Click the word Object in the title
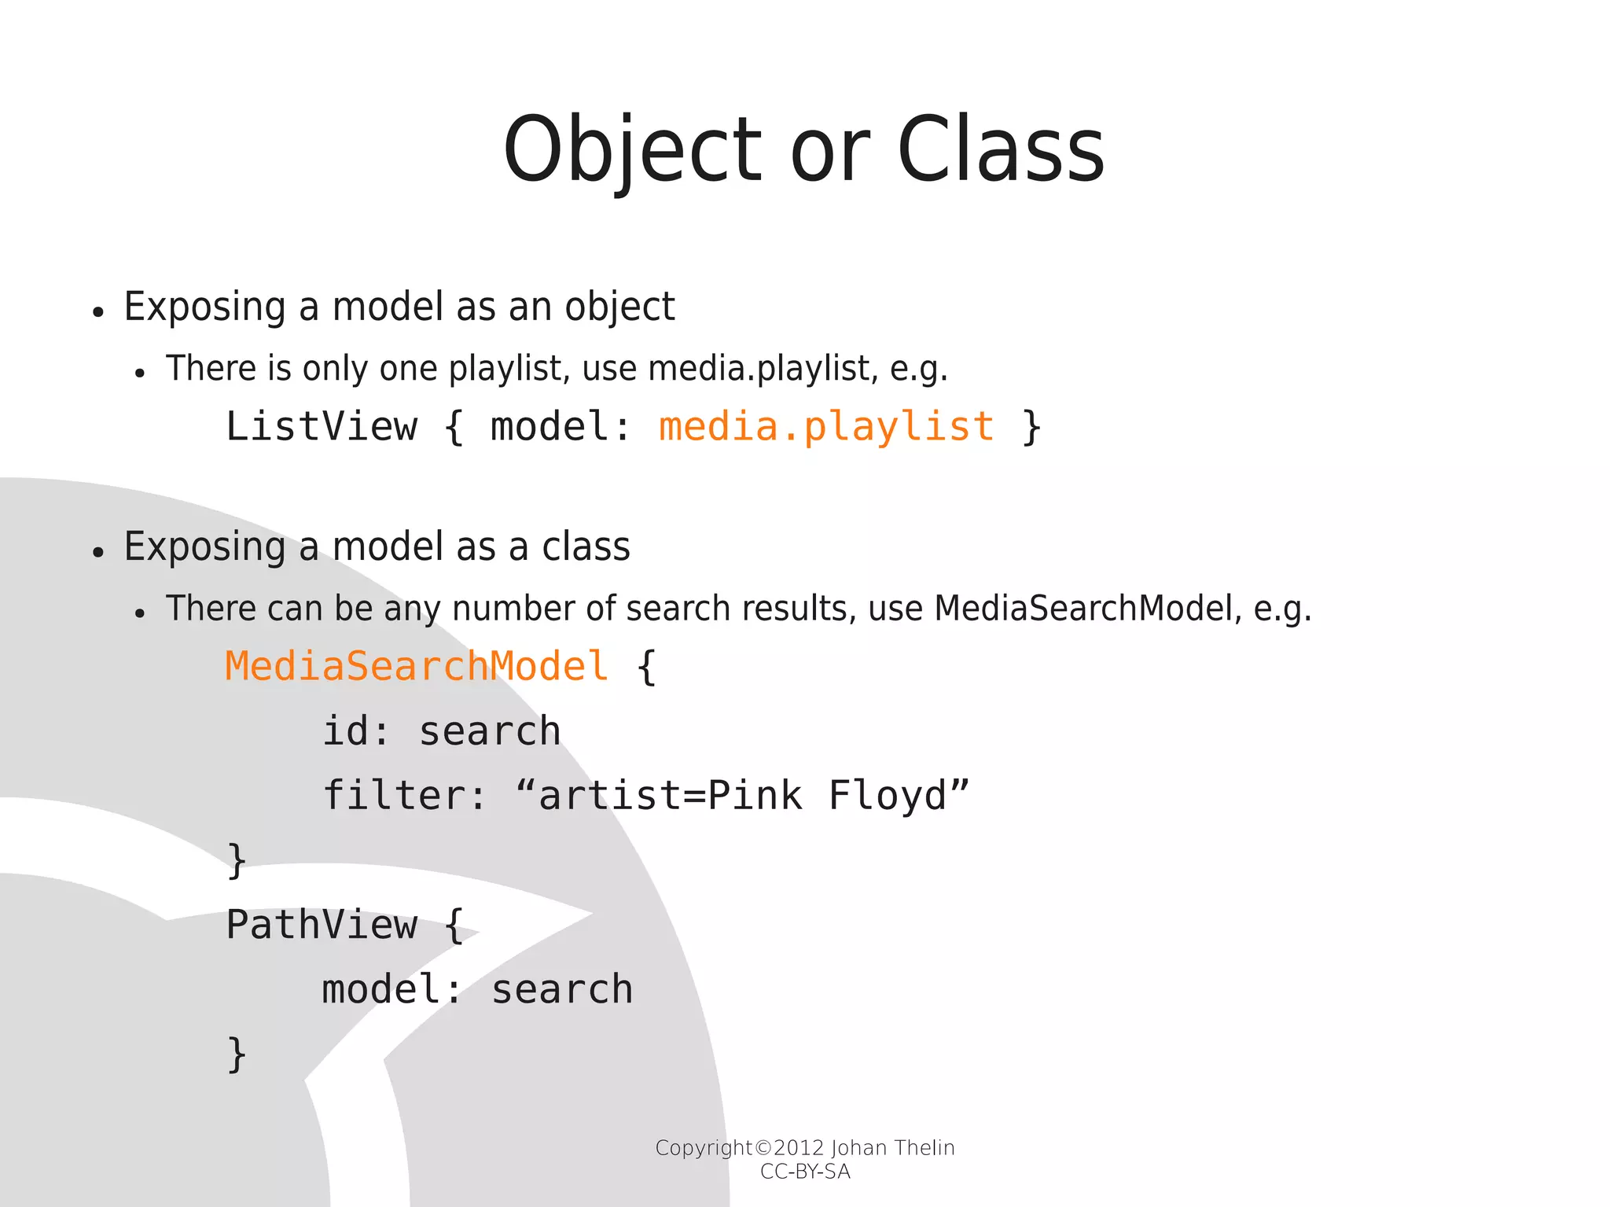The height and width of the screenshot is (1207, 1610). coord(633,151)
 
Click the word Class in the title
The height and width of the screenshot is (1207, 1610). coord(1000,151)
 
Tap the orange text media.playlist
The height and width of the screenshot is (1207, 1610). coord(826,427)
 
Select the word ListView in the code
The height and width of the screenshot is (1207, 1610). coord(321,427)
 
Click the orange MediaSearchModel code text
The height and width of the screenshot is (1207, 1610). coord(417,667)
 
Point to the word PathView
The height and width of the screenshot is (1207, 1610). coord(321,925)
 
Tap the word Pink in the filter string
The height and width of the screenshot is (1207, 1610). coord(755,796)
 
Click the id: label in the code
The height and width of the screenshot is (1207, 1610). coord(356,731)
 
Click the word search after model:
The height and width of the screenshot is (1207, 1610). coord(562,989)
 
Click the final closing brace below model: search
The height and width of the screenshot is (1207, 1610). coord(237,1054)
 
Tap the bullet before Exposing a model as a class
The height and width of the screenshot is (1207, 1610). coord(97,553)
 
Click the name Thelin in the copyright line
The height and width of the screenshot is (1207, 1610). coord(924,1148)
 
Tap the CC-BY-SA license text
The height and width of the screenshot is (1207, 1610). coord(805,1172)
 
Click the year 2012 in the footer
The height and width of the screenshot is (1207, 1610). coord(799,1148)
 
